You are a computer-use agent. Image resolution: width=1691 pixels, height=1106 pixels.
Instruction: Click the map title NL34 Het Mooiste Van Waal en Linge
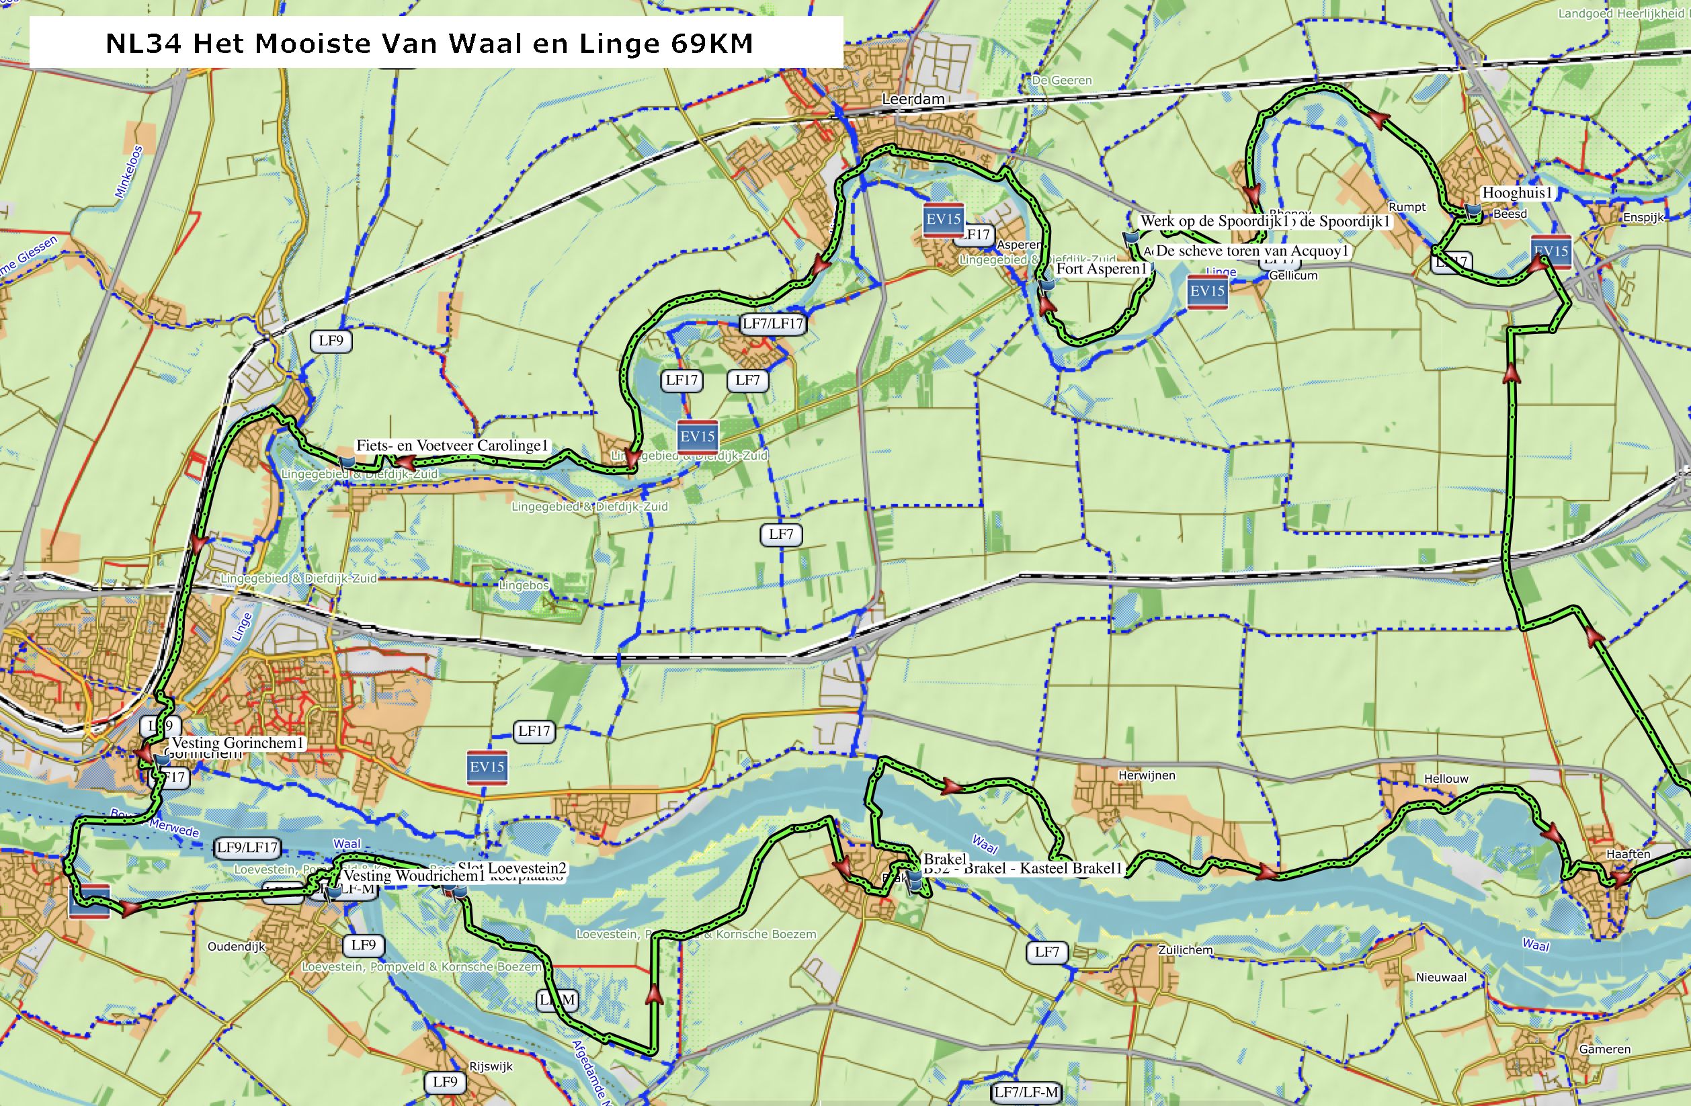coord(429,43)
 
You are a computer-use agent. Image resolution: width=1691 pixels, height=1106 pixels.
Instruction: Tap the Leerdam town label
coord(913,99)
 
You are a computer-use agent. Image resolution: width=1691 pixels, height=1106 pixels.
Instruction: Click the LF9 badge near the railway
coord(331,341)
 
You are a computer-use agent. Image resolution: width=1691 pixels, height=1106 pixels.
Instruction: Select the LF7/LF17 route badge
coord(772,324)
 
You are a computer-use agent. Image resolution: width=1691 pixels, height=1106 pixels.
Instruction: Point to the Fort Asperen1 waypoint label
coord(1102,269)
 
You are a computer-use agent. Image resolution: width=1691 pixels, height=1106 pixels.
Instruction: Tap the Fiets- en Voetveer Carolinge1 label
coord(452,446)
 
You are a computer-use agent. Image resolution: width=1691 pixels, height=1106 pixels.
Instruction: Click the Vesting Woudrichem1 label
coord(413,876)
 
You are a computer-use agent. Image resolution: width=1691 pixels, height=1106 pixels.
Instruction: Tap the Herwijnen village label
coord(1147,775)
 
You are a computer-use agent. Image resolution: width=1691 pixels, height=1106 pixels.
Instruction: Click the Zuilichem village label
coord(1185,950)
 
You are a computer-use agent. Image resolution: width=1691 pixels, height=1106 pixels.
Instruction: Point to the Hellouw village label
coord(1446,779)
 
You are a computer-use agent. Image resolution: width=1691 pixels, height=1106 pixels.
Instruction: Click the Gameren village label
coord(1604,1049)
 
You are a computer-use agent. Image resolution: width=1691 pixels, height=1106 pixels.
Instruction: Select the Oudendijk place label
coord(236,947)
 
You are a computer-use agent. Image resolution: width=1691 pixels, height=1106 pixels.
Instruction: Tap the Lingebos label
coord(524,586)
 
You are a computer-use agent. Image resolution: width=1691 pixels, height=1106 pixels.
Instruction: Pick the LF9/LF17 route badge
coord(247,847)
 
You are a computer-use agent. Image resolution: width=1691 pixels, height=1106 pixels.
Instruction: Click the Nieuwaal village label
coord(1441,978)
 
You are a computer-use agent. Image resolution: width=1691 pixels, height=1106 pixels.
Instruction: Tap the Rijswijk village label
coord(491,1067)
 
